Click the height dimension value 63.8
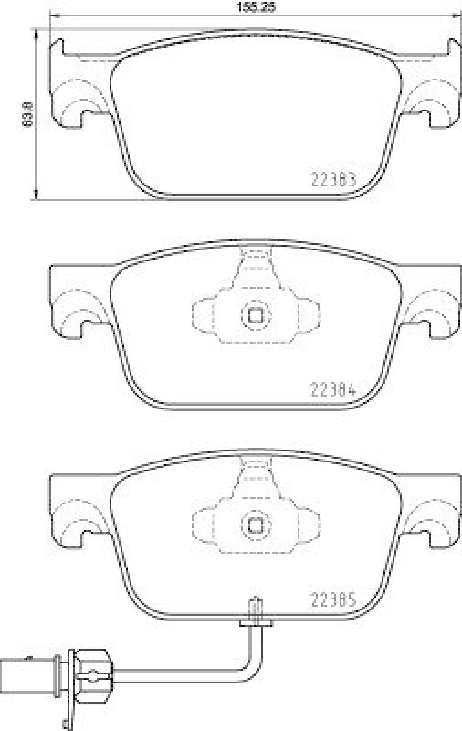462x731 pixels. pyautogui.click(x=26, y=112)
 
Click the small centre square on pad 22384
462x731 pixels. pyautogui.click(x=256, y=315)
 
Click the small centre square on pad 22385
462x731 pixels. pyautogui.click(x=256, y=525)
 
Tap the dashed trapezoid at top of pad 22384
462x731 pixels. pyautogui.click(x=256, y=270)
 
